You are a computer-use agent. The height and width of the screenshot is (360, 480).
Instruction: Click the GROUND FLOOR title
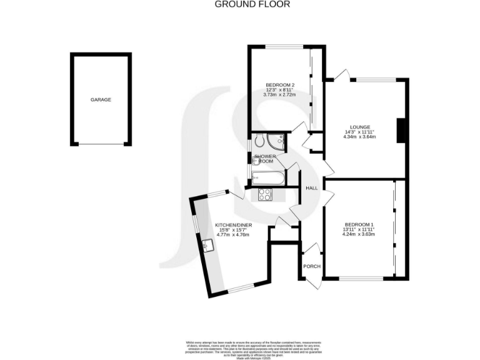tap(239, 4)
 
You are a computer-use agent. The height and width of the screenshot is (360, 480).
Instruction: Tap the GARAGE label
tap(101, 99)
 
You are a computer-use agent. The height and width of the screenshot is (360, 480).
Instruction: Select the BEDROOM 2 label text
tap(279, 85)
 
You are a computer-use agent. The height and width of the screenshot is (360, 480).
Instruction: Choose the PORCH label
tap(311, 266)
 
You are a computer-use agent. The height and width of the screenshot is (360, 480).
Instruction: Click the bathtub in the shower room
tap(267, 178)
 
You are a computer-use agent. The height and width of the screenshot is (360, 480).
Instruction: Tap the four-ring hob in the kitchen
tap(265, 194)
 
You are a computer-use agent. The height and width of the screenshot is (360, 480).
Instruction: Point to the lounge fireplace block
tap(402, 130)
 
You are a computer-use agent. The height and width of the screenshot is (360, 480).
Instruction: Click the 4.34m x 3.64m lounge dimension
tap(361, 137)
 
